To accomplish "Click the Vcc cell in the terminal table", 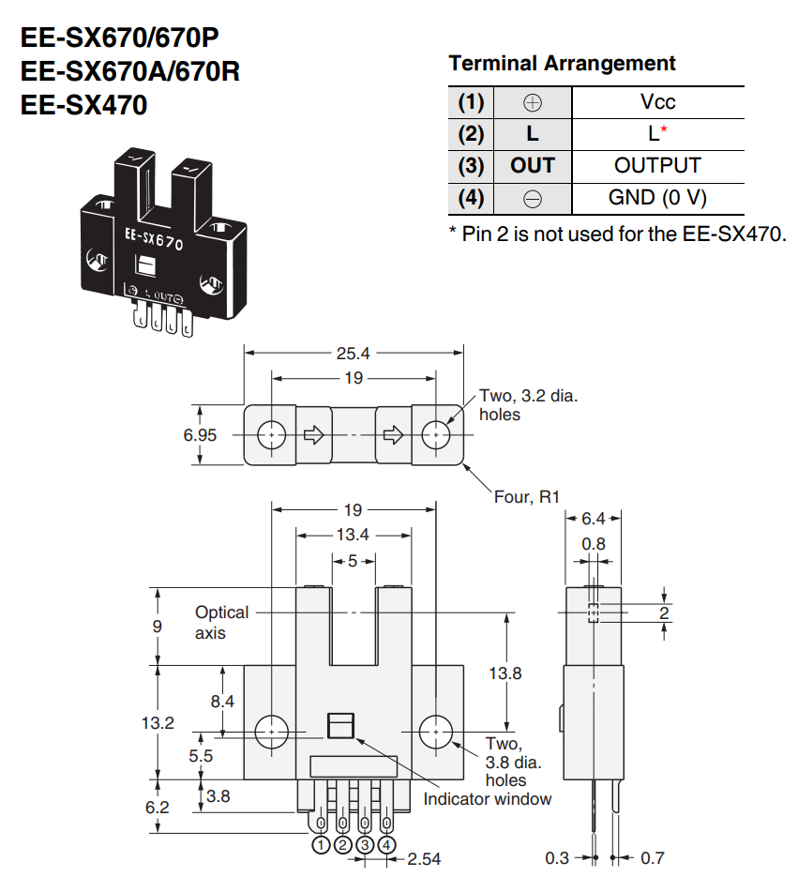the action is click(x=657, y=102).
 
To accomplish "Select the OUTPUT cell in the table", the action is click(x=657, y=165).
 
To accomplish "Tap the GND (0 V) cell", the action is click(x=657, y=198).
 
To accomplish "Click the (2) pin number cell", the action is click(x=471, y=134).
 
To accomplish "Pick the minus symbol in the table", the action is click(x=533, y=199).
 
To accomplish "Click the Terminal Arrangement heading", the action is click(x=562, y=63).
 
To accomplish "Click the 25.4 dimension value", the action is click(x=353, y=354).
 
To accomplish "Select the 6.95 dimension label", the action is click(x=200, y=435).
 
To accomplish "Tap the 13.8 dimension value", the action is click(x=505, y=673).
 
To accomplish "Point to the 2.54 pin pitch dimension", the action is click(x=424, y=858).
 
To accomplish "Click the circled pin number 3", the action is click(x=365, y=845).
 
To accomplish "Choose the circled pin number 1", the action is click(x=322, y=845).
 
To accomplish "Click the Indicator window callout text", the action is click(x=488, y=799).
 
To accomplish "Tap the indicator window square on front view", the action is click(x=341, y=725).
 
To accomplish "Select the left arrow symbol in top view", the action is click(x=313, y=436).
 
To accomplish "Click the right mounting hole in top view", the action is click(x=436, y=435).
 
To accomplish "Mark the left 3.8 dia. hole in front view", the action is click(x=272, y=732).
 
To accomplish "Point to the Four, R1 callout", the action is click(x=527, y=497).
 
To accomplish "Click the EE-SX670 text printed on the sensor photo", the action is click(x=154, y=239).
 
